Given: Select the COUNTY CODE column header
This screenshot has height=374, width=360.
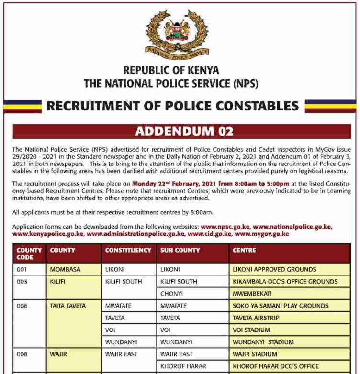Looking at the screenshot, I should click(x=29, y=253).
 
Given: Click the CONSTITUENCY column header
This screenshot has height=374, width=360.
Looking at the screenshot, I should click(x=128, y=250).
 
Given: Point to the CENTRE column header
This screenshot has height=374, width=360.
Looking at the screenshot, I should click(x=244, y=250).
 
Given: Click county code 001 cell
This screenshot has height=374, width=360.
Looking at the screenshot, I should click(x=22, y=269).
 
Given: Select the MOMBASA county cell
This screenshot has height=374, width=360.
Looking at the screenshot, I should click(x=65, y=269).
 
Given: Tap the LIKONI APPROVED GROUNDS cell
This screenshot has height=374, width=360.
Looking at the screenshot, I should click(x=274, y=269).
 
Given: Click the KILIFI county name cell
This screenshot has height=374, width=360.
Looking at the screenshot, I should click(x=57, y=282).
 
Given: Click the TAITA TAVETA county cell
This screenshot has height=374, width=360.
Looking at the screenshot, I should click(x=67, y=306).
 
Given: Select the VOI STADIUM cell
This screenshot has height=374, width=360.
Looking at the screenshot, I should click(x=251, y=330).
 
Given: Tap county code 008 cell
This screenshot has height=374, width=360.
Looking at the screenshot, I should click(x=22, y=354).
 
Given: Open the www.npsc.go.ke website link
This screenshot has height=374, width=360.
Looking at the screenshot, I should click(x=225, y=226).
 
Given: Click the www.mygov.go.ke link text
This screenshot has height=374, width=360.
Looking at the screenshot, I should click(x=262, y=234).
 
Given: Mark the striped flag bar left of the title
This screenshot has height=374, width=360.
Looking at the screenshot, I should click(x=22, y=106).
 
